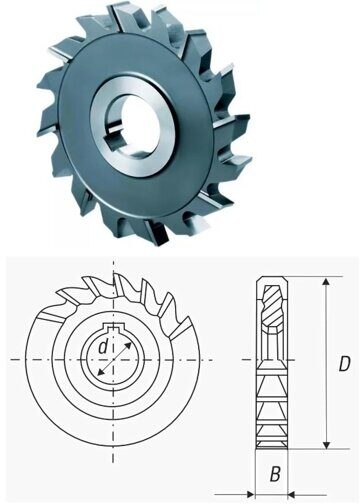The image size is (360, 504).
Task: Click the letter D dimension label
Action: tap(344, 364)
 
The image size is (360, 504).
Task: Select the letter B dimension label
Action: tap(275, 474)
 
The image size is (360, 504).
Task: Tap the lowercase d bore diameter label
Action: tap(103, 347)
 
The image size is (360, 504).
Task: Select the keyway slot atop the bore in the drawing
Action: tap(114, 327)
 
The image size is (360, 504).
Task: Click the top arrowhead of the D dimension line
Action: tap(327, 283)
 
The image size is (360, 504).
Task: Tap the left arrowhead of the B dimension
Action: tap(251, 494)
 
